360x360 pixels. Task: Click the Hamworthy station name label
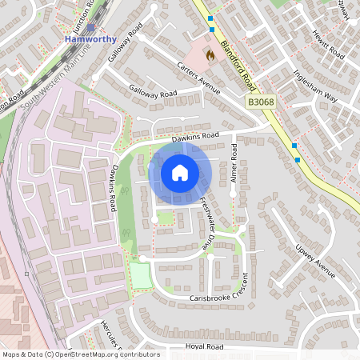(90, 38)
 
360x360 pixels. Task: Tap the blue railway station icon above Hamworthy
(90, 28)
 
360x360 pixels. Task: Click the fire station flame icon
(210, 56)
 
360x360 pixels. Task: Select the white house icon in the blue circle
(180, 172)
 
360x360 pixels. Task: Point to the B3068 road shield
(261, 102)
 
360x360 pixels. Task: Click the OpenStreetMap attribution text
(80, 354)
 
